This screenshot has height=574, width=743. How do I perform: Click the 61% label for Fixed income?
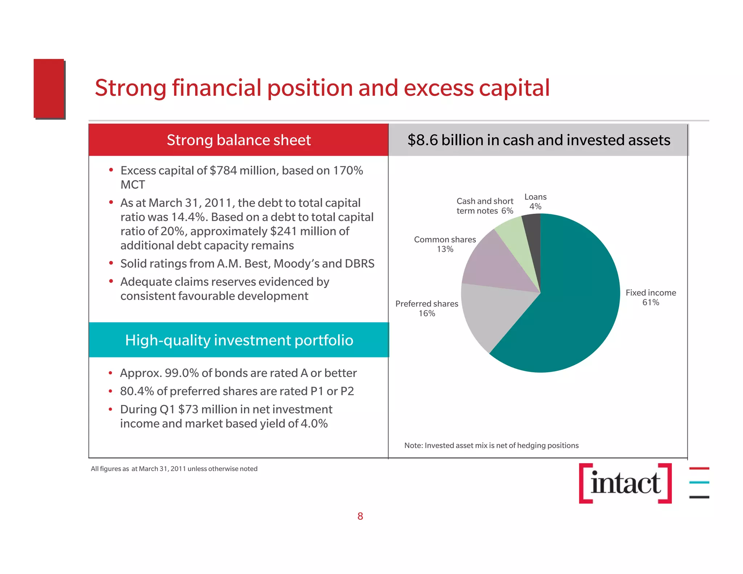click(650, 302)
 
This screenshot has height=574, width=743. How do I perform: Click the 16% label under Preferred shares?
click(427, 313)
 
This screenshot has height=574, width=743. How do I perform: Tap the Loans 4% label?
click(535, 202)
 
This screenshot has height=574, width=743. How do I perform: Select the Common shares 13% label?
click(445, 245)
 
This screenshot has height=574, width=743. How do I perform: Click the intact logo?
click(625, 483)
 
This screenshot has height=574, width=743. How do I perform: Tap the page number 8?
click(360, 516)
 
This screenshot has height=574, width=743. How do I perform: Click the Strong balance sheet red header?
click(238, 140)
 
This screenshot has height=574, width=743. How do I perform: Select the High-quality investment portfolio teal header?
click(239, 340)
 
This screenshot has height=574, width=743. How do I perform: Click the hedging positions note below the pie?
click(491, 445)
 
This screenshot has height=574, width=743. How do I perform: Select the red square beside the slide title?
click(49, 89)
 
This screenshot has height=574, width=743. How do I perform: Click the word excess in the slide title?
click(439, 88)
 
